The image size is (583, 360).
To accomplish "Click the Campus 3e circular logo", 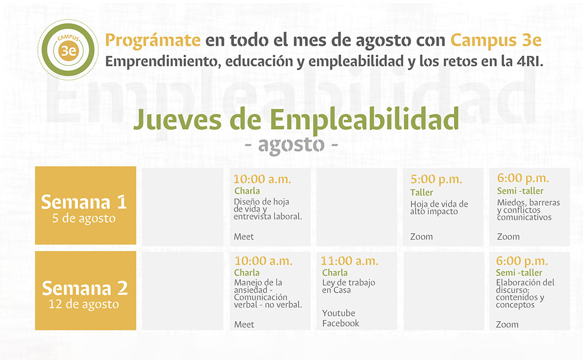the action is click(x=68, y=50).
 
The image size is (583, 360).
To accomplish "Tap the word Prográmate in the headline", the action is click(x=153, y=40).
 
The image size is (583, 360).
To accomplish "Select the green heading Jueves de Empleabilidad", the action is click(x=296, y=119).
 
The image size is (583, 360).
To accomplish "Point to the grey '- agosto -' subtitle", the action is click(x=291, y=145).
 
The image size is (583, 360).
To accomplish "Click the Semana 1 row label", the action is click(x=84, y=202).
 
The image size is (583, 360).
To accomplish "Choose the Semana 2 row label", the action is click(x=85, y=288).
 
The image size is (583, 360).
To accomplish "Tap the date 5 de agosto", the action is click(x=84, y=218).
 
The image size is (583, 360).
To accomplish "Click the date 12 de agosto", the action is click(x=84, y=304).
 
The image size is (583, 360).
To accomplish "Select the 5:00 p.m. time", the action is click(x=436, y=179).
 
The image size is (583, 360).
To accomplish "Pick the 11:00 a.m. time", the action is click(x=349, y=261).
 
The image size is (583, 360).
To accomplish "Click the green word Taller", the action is click(x=422, y=192).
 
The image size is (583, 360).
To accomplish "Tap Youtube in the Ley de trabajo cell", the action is click(x=338, y=313).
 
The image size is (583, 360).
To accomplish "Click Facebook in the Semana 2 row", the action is click(x=341, y=323).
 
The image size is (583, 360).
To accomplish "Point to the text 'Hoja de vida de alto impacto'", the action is click(x=439, y=208).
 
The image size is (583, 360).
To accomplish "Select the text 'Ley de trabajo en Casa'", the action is click(x=348, y=287).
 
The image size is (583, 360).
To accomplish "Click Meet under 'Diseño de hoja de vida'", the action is click(x=244, y=236).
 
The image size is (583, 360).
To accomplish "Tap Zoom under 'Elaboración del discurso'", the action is click(x=507, y=324).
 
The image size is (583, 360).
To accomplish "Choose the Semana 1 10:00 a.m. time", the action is click(x=262, y=179).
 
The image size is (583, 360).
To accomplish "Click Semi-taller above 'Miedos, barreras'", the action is click(x=520, y=191).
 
